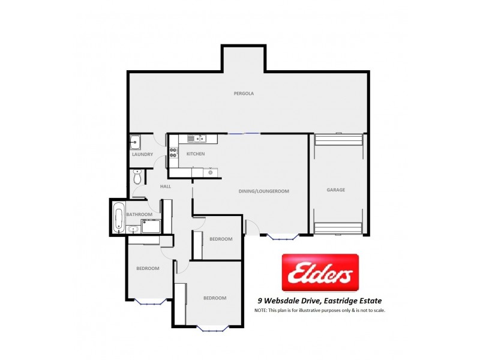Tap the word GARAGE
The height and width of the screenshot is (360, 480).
coord(336,190)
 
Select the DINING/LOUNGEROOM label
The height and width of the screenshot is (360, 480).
coord(264,191)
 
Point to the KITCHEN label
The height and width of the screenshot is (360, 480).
coord(196,154)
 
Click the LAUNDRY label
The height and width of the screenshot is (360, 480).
coord(142,155)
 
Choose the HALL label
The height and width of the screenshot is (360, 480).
coord(166,187)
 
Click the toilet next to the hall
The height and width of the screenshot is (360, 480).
coord(137,178)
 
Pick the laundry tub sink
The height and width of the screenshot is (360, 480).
coord(135,143)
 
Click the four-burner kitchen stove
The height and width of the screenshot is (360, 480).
coord(173,152)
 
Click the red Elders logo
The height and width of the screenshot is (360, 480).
coord(320,273)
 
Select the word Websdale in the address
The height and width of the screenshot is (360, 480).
coord(286,301)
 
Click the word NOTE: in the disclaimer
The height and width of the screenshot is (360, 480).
coord(261,310)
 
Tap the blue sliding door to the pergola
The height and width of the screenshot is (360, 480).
coord(244,133)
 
